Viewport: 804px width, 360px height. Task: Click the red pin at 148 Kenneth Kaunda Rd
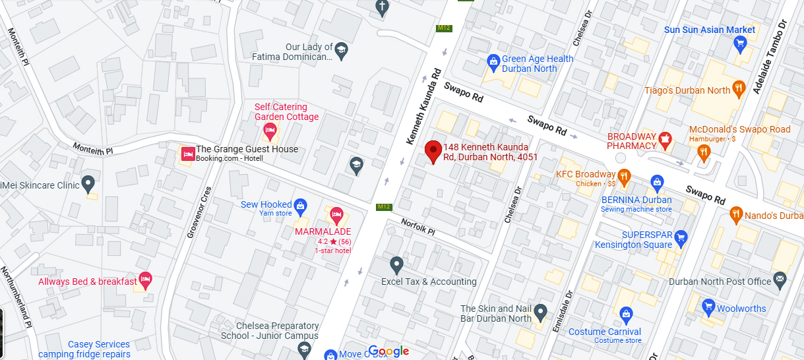point(433,151)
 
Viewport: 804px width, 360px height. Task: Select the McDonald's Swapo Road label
point(739,129)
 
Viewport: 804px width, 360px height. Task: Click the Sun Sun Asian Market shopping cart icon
point(739,44)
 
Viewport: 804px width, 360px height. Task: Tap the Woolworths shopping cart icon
point(708,307)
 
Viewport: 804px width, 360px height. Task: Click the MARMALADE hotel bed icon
point(336,214)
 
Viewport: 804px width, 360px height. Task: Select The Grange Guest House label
point(247,149)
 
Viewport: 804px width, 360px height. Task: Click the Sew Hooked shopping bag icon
point(300,206)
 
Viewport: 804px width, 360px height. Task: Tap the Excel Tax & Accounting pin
point(396,265)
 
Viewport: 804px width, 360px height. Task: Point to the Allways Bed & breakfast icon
point(145,280)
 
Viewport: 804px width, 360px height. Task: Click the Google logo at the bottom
point(388,351)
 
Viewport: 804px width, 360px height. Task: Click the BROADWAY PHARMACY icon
point(665,139)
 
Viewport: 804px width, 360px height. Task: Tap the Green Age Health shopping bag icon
point(493,62)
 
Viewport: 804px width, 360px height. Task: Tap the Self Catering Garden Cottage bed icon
point(269,131)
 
